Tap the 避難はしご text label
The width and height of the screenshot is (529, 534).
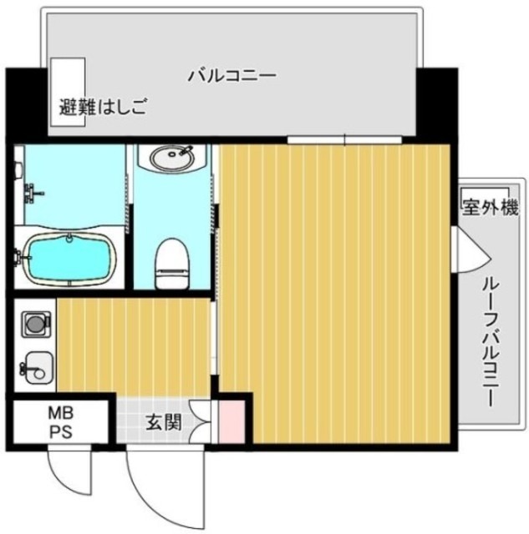[103, 107]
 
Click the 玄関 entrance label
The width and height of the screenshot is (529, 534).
[164, 422]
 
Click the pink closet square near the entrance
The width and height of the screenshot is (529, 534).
[231, 422]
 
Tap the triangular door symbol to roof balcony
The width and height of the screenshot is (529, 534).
[465, 248]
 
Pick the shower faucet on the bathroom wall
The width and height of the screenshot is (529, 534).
[32, 194]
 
